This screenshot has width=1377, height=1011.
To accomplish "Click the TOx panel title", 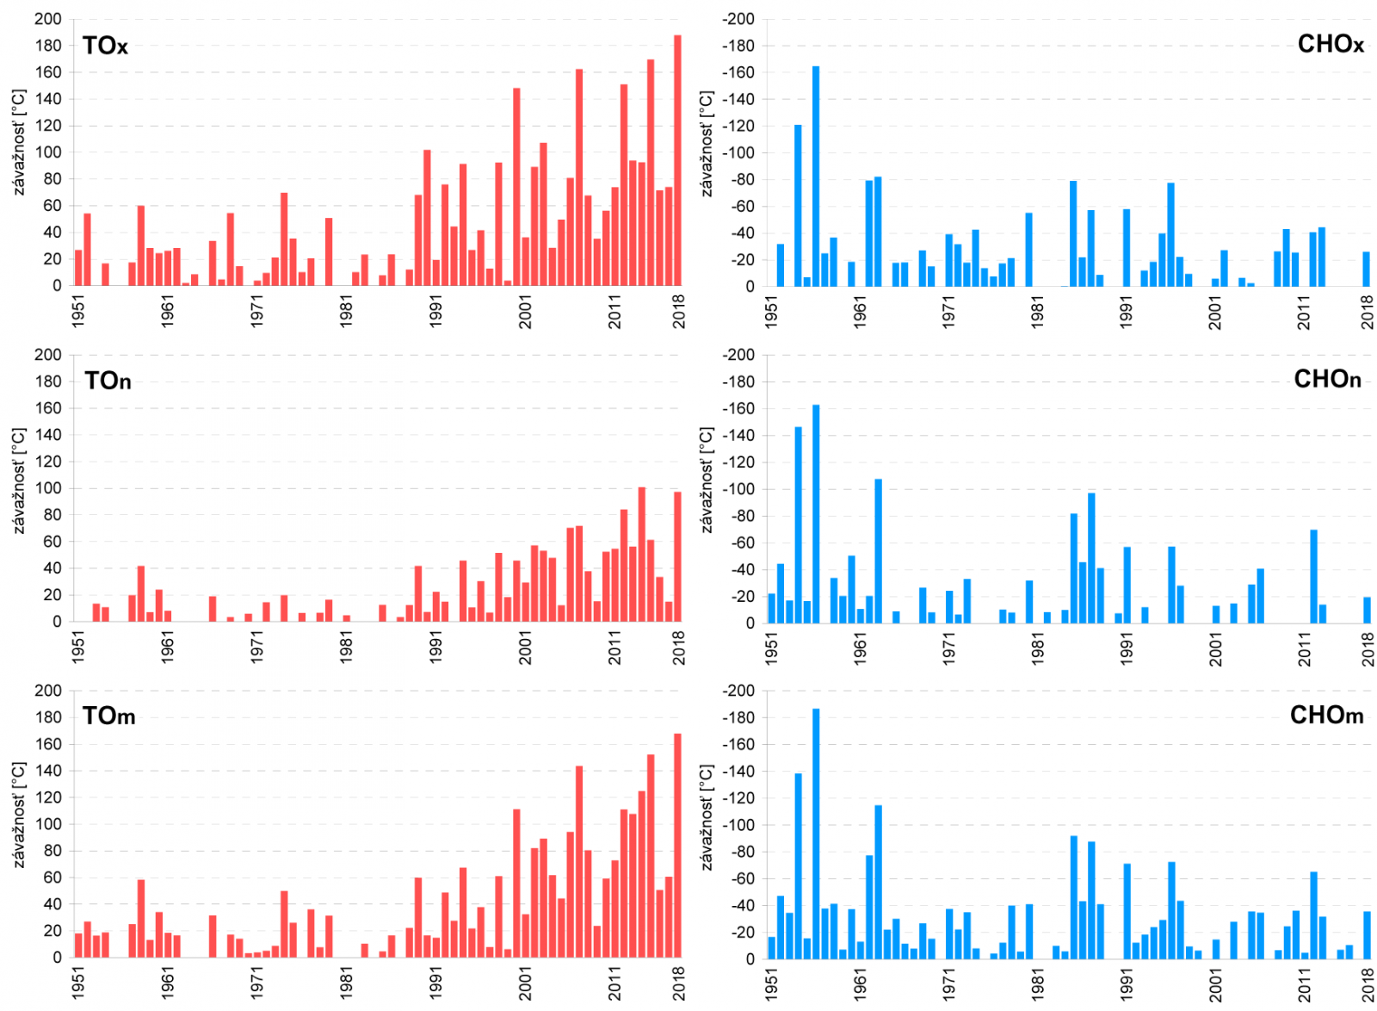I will [x=105, y=46].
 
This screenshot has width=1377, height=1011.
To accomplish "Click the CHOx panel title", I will [x=1330, y=44].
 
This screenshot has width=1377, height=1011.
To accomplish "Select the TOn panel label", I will [x=108, y=381].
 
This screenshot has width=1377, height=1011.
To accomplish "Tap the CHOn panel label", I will [x=1327, y=379].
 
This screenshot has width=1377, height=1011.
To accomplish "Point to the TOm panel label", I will [x=108, y=716].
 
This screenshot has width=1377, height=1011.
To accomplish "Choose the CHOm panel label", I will [x=1326, y=715].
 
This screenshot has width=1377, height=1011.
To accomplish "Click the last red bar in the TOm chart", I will [x=677, y=845].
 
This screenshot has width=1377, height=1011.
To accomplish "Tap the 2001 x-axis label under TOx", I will [x=524, y=311].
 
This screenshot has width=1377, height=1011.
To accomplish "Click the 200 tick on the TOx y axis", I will [x=48, y=19].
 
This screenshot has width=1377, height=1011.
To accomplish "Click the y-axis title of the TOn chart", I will [x=19, y=481].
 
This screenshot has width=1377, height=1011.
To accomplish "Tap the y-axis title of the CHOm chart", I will [x=707, y=816].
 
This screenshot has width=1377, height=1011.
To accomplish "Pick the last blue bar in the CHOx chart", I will [x=1366, y=269].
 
